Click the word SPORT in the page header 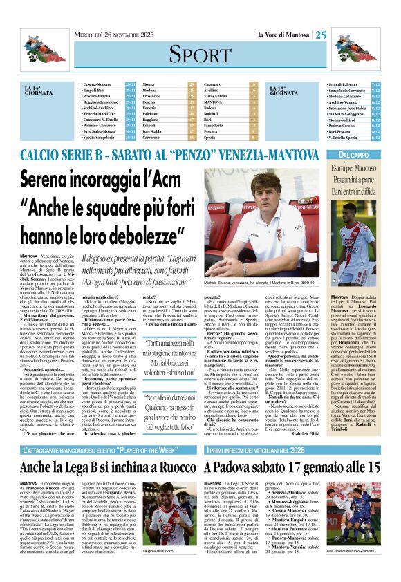pyautogui.click(x=200, y=55)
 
